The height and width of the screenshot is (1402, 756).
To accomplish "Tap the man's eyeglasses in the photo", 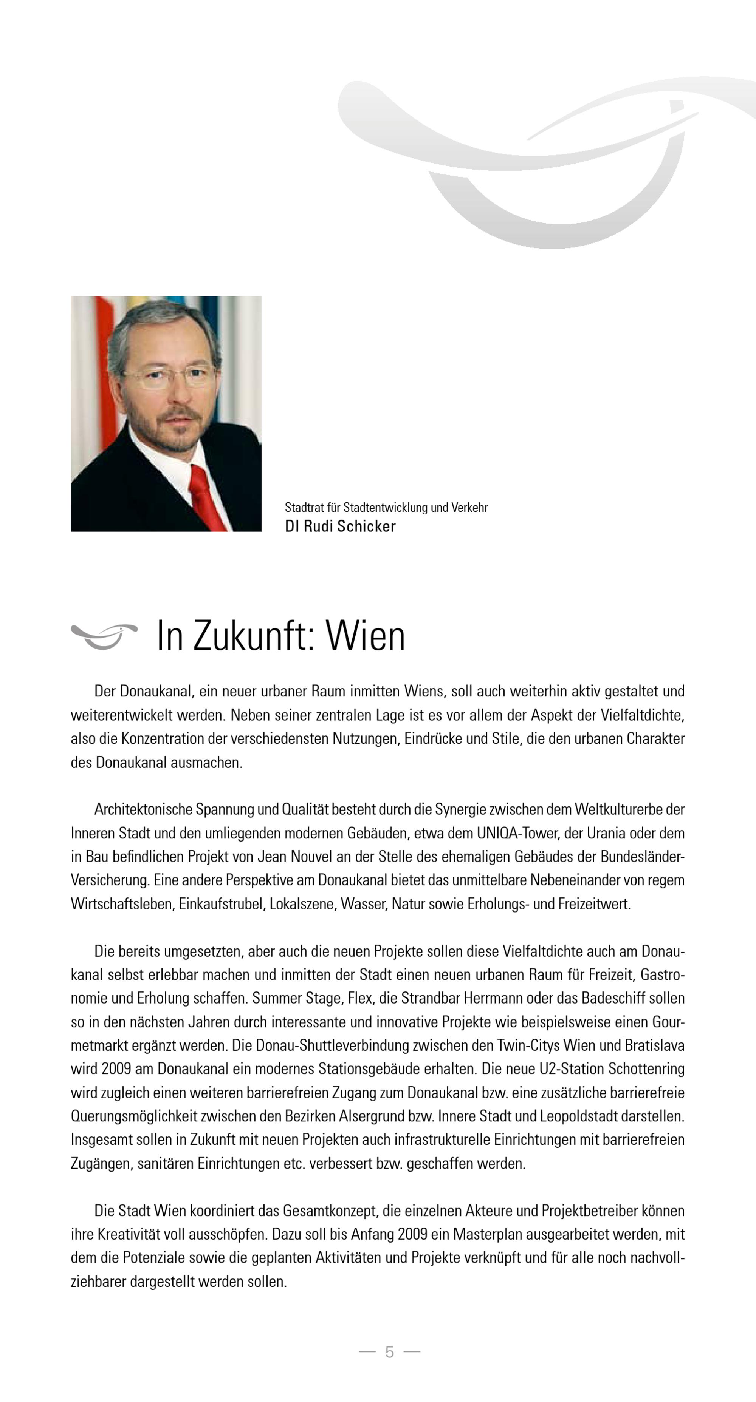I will pos(169,378).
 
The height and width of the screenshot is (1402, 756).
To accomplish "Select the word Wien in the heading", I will pos(366,636).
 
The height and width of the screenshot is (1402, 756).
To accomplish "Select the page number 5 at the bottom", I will pos(389,1352).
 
